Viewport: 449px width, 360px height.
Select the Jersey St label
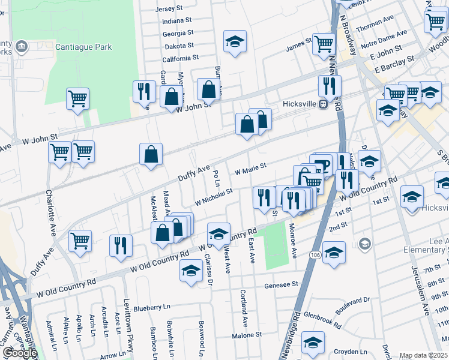168,8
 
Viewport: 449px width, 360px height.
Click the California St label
180,58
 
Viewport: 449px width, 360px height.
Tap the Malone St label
247,335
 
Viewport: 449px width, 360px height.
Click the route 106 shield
315,255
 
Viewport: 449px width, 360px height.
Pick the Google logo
20,353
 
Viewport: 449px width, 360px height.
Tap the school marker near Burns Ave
235,41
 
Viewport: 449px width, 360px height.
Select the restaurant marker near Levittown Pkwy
121,245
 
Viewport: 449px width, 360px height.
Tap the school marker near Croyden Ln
313,342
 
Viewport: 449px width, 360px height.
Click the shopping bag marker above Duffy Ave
151,154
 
